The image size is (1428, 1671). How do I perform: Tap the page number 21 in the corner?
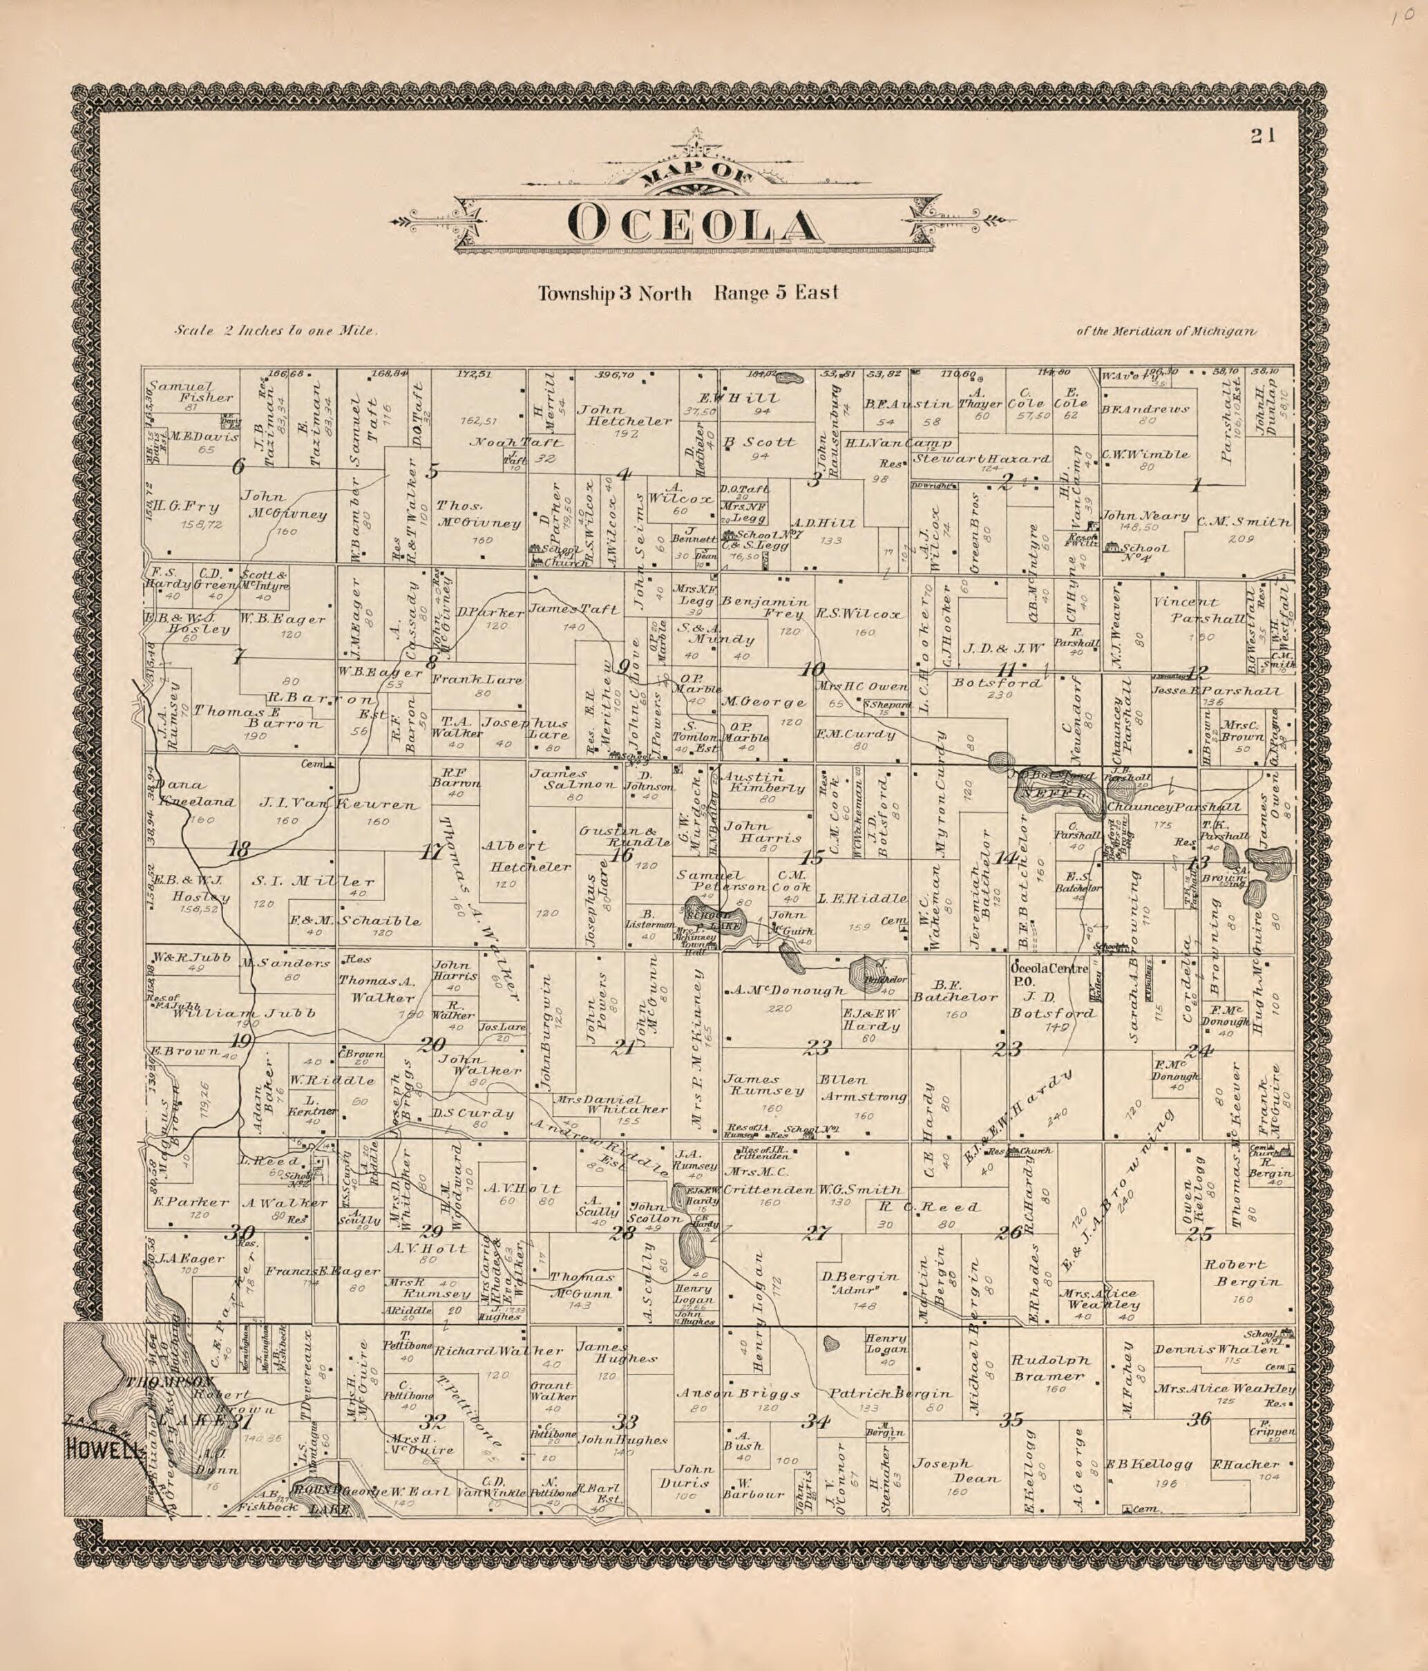pos(1263,135)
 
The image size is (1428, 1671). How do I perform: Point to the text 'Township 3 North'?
pos(614,294)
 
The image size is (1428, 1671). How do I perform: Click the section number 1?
pos(1196,486)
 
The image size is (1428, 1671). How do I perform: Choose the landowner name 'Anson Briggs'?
pos(738,1394)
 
